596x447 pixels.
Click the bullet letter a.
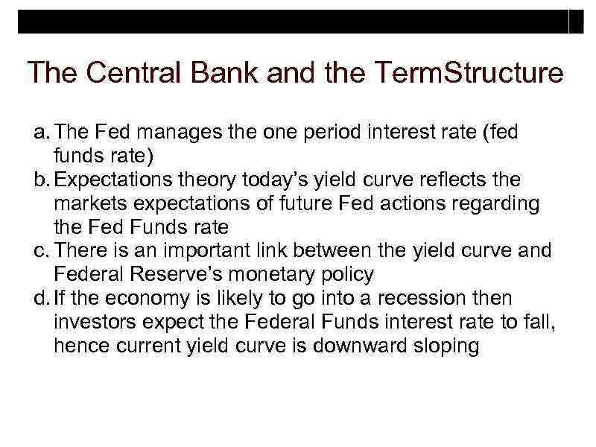39,133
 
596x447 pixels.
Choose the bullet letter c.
39,251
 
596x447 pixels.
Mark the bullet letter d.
39,299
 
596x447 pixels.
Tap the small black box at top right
576,22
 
